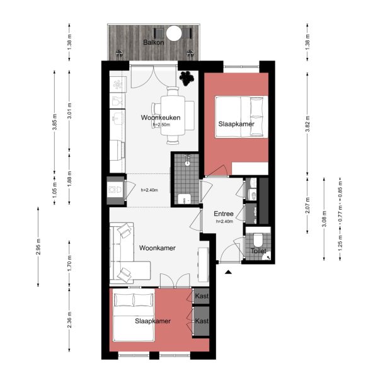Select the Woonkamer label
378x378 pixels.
click(157, 248)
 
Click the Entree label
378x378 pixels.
click(224, 214)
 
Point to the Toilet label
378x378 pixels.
click(258, 251)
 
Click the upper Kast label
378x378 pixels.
click(202, 295)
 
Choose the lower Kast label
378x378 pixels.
click(202, 321)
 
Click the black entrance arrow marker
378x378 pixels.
click(228, 272)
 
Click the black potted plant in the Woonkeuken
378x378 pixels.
click(186, 78)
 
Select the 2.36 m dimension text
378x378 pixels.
click(69, 321)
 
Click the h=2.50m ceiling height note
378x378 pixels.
click(161, 125)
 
